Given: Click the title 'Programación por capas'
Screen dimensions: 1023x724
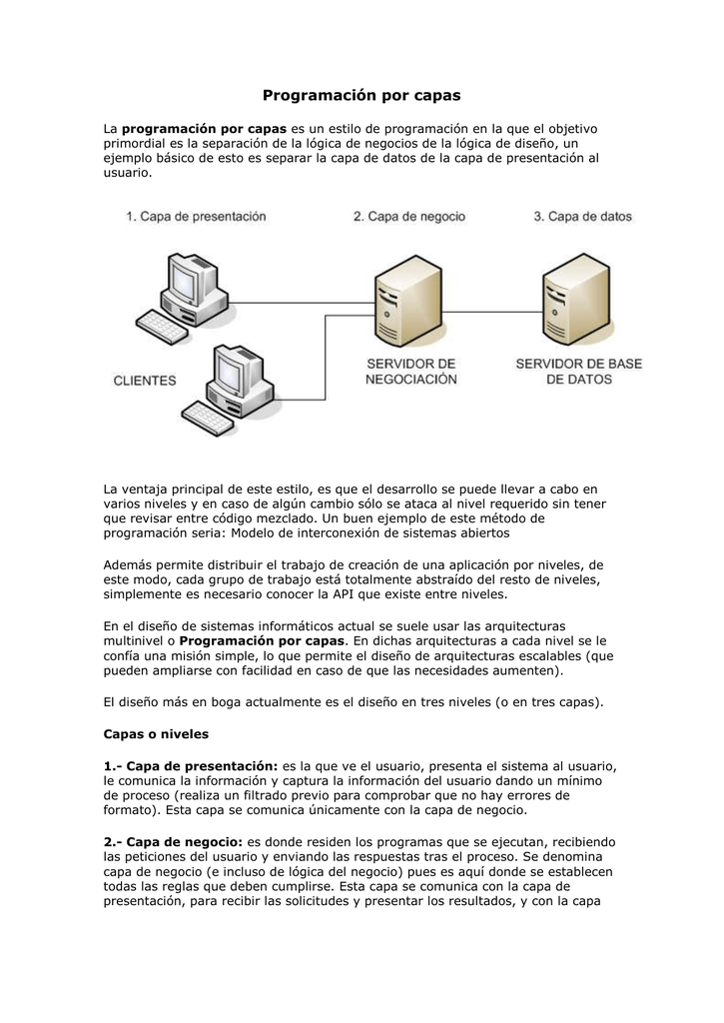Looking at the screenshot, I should [x=362, y=95].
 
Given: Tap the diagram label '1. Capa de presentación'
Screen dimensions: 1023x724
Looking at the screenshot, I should [x=196, y=216].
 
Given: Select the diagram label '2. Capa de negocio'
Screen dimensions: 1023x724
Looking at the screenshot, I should [x=408, y=216].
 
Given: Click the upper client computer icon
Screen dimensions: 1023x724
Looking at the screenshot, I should [x=190, y=284].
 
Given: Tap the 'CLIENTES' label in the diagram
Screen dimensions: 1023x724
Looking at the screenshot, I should [x=144, y=381].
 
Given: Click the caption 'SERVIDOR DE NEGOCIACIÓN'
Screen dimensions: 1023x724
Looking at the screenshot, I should [x=410, y=372].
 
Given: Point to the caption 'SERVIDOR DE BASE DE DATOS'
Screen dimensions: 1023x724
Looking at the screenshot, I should [x=577, y=372].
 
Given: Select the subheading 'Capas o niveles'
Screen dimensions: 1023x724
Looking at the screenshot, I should [x=156, y=733].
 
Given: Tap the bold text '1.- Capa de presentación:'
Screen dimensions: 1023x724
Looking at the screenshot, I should [x=191, y=765].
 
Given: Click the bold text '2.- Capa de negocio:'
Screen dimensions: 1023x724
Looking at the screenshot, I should [x=173, y=843].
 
